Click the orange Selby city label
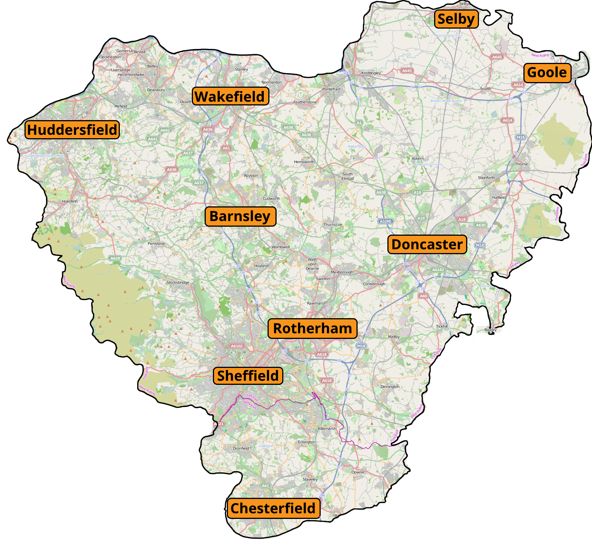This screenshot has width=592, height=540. (456, 19)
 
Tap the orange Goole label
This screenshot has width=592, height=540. (547, 72)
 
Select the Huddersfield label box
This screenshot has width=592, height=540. (72, 130)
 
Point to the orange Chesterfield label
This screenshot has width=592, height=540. (274, 508)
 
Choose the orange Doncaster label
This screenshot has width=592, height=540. (427, 244)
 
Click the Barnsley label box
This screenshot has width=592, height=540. (240, 217)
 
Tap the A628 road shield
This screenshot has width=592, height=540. (115, 258)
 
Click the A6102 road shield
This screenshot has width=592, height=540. (237, 346)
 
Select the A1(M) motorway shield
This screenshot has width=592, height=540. (386, 221)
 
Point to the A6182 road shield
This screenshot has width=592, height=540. (438, 270)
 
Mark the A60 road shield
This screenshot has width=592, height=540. (424, 296)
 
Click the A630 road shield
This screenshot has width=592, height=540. (480, 225)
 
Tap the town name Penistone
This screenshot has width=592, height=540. (156, 244)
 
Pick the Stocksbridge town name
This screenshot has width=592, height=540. (178, 282)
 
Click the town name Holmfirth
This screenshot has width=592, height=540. (70, 201)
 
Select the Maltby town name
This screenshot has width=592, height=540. (394, 337)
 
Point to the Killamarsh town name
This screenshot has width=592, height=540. (327, 429)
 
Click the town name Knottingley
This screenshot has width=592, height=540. (371, 73)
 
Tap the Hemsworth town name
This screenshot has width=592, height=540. (304, 162)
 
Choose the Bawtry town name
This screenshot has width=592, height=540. (490, 330)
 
